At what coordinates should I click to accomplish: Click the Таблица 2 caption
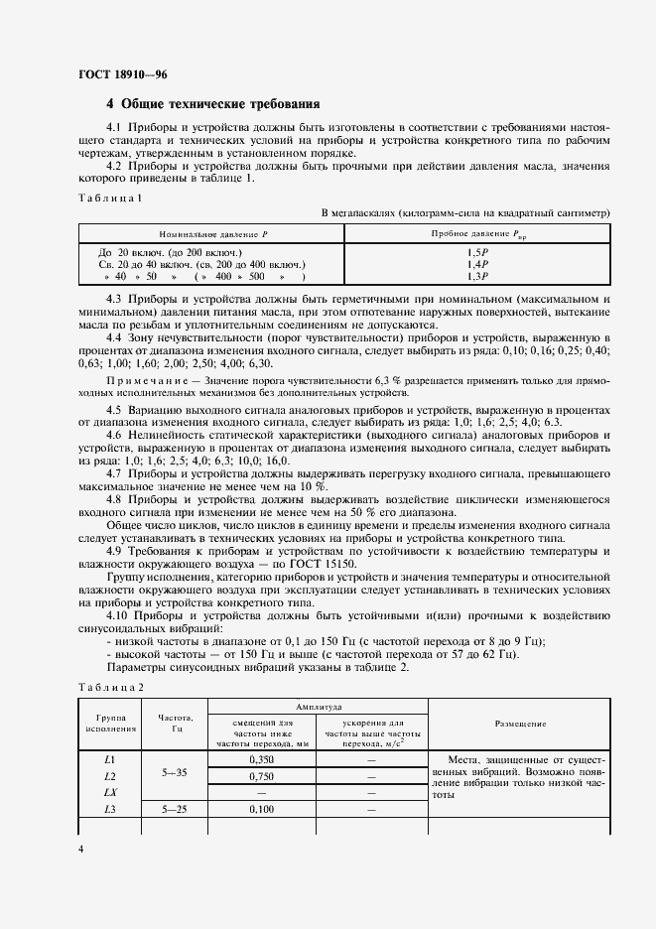pyautogui.click(x=110, y=687)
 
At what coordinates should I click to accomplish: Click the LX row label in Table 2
pyautogui.click(x=110, y=793)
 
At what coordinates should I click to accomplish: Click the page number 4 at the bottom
pyautogui.click(x=80, y=850)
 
